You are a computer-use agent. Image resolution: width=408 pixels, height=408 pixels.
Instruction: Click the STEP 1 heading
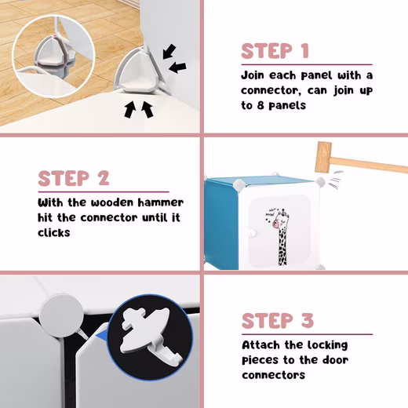point(275,51)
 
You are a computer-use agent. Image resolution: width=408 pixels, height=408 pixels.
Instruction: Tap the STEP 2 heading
point(74,178)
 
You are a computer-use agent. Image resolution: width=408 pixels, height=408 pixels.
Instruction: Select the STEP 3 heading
point(278,321)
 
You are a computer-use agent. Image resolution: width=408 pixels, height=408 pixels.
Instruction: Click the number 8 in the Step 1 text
point(260,106)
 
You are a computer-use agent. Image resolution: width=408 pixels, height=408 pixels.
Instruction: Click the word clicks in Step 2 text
point(54,232)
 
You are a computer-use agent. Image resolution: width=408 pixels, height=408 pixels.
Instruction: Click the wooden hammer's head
point(323,157)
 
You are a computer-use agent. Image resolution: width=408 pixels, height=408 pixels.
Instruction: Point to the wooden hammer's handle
point(369,163)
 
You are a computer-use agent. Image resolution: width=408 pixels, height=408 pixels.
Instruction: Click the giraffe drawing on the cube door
point(279,236)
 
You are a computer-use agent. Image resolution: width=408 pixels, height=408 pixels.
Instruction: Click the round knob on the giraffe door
point(252,232)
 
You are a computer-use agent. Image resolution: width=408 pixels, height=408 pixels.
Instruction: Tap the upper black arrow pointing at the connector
point(169,51)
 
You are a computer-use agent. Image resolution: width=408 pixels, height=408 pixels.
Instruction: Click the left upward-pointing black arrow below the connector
point(129,110)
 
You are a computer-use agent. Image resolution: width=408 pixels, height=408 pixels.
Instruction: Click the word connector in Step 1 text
point(270,91)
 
